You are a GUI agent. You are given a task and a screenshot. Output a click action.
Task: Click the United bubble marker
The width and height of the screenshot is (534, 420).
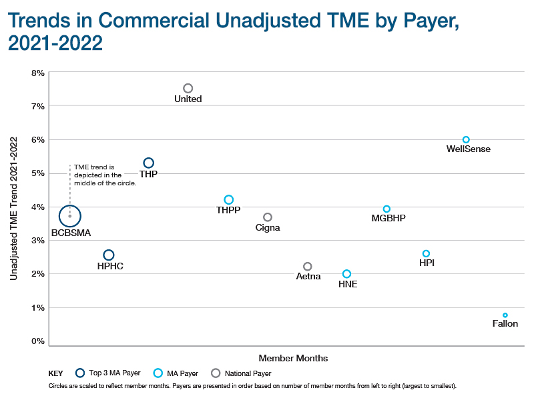[188, 88]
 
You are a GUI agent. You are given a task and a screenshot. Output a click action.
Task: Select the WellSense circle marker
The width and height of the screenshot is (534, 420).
[466, 139]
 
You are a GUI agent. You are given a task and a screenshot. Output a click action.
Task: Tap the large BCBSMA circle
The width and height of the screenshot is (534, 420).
[69, 216]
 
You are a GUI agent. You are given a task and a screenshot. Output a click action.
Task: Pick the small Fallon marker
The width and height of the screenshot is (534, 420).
[505, 315]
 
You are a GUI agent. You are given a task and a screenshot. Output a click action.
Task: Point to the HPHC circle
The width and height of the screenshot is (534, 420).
[109, 255]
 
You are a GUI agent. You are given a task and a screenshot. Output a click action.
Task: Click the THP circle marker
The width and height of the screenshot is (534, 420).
[149, 163]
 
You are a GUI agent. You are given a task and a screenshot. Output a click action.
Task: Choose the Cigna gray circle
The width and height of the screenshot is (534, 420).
[268, 217]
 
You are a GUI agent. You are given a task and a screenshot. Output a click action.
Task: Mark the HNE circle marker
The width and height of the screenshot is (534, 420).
[346, 273]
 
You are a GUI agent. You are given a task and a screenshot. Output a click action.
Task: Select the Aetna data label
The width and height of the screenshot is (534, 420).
[308, 276]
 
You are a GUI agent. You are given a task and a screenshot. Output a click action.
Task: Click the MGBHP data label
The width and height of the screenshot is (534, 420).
[388, 218]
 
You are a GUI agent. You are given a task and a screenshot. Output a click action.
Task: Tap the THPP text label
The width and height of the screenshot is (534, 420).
[228, 210]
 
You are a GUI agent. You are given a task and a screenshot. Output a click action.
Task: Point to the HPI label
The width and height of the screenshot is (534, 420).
[427, 263]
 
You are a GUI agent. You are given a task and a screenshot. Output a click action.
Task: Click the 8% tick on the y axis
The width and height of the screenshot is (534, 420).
[38, 72]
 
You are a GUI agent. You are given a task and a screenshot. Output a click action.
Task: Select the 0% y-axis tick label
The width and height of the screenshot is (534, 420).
[38, 341]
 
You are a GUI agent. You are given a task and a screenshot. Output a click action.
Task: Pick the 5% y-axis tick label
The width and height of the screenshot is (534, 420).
[38, 173]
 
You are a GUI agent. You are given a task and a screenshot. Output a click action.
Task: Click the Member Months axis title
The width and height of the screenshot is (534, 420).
[293, 358]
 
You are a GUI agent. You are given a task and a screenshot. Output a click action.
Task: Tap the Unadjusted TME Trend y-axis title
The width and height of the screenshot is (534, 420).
[13, 207]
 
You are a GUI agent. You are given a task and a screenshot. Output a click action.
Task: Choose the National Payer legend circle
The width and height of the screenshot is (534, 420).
[215, 373]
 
